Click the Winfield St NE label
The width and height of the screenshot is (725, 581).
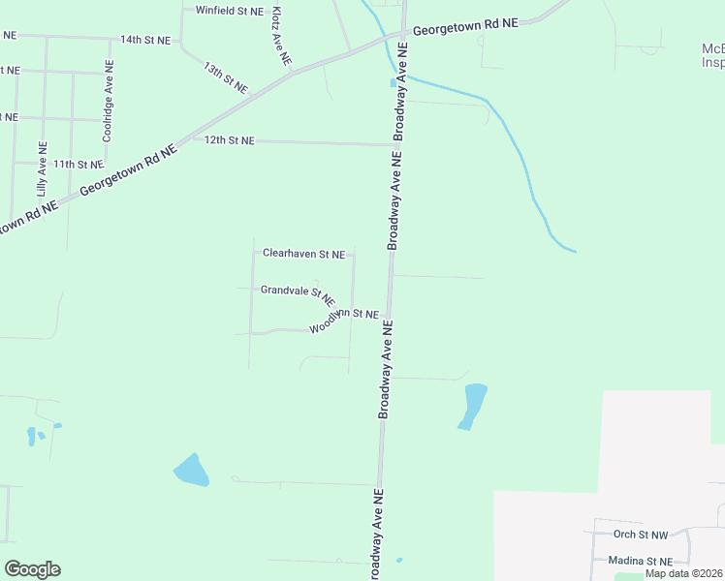pyautogui.click(x=229, y=11)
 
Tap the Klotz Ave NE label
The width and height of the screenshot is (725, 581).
pyautogui.click(x=280, y=36)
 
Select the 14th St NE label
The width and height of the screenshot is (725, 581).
pyautogui.click(x=144, y=40)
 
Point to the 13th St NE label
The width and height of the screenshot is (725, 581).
pyautogui.click(x=226, y=77)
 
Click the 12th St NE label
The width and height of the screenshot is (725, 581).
pyautogui.click(x=229, y=140)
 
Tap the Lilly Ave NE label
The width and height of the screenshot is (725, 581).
pyautogui.click(x=42, y=170)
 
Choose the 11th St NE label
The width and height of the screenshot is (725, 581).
pyautogui.click(x=78, y=165)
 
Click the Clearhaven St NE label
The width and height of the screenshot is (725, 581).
pyautogui.click(x=303, y=255)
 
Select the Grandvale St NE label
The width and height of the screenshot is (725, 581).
pyautogui.click(x=298, y=291)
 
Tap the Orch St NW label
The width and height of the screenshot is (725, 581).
pyautogui.click(x=641, y=534)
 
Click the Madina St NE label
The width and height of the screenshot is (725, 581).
pyautogui.click(x=640, y=561)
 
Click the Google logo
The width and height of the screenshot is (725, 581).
pyautogui.click(x=32, y=569)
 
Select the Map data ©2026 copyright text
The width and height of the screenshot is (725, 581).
pyautogui.click(x=684, y=573)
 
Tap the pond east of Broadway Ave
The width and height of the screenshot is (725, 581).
pyautogui.click(x=473, y=406)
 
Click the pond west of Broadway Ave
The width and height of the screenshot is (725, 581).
pyautogui.click(x=192, y=471)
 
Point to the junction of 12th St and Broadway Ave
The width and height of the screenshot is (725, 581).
pyautogui.click(x=395, y=144)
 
